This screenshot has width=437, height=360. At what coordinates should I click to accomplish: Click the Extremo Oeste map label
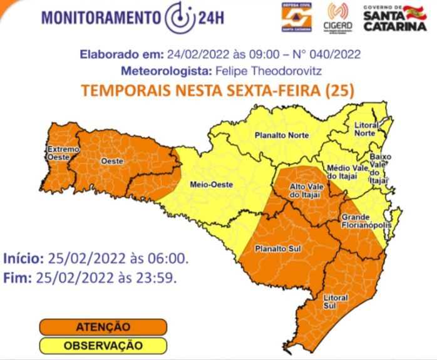[63, 153]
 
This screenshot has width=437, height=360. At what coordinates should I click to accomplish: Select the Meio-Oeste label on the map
[207, 185]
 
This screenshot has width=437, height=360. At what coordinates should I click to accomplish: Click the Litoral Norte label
[365, 129]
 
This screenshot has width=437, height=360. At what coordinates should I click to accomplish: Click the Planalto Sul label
[274, 249]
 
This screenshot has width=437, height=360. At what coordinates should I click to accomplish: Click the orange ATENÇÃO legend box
[103, 327]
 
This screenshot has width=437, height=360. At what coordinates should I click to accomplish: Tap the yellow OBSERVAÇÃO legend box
[103, 345]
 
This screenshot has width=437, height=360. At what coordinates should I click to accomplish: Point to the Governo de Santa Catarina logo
[394, 18]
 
